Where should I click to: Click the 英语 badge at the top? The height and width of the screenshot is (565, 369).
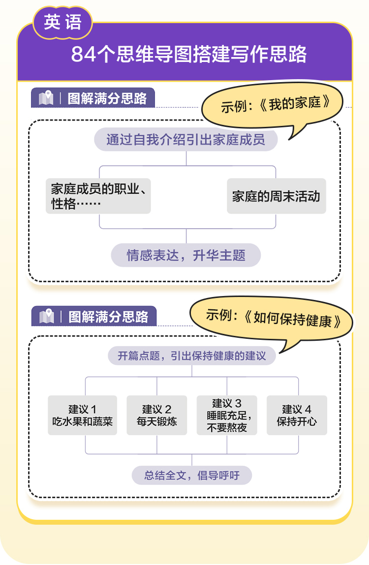[x=62, y=23]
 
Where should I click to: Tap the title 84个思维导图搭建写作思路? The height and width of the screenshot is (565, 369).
[x=189, y=54]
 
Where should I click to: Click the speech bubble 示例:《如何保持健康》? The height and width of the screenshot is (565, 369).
[x=273, y=318]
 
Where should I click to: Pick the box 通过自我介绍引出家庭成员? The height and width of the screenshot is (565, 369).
[x=186, y=140]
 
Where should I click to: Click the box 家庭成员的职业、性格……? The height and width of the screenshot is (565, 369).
[x=98, y=196]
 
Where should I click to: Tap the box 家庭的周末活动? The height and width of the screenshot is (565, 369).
[x=276, y=196]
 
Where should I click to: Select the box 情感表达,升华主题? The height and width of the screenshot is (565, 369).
[x=186, y=256]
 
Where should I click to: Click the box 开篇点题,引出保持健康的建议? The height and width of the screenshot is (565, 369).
[x=192, y=356]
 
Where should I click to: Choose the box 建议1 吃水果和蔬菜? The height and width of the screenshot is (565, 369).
[x=83, y=416]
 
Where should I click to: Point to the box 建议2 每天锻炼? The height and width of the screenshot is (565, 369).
[x=157, y=416]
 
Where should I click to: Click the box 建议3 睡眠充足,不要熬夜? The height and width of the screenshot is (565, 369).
[x=227, y=416]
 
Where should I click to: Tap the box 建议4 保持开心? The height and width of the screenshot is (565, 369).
[x=297, y=416]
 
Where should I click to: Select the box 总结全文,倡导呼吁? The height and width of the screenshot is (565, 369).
[x=192, y=476]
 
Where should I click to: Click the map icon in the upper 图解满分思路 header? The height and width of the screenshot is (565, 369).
[x=46, y=98]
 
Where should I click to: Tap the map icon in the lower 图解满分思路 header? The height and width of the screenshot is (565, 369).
[x=46, y=316]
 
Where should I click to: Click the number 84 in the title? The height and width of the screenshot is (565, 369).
[x=82, y=55]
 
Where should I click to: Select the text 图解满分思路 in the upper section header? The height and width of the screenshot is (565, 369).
[x=107, y=98]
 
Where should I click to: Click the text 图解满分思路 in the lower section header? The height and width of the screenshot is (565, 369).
[x=108, y=316]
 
